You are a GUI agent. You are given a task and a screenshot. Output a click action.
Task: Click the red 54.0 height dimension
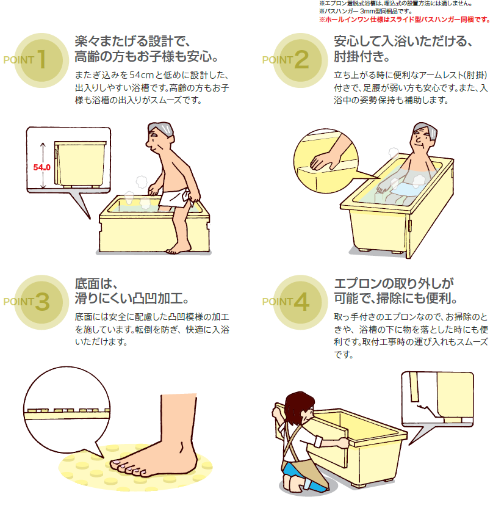(x=41, y=167)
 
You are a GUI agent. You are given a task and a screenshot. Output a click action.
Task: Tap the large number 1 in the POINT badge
(x=41, y=59)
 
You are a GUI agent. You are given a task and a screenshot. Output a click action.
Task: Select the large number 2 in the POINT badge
(x=301, y=59)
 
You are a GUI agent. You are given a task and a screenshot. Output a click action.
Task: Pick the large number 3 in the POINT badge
(x=42, y=302)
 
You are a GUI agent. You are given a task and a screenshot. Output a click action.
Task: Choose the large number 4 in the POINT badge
(x=301, y=302)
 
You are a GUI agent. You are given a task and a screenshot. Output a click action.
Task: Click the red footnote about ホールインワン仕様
(x=405, y=20)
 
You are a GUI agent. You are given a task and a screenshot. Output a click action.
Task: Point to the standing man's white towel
(x=174, y=198)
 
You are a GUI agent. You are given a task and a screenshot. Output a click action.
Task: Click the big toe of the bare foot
(x=115, y=464)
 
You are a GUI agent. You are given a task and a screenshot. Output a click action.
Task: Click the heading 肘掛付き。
(x=362, y=57)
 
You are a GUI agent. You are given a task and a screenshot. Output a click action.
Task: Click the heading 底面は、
(x=96, y=283)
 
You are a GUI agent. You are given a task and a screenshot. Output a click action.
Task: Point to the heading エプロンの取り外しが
(x=394, y=283)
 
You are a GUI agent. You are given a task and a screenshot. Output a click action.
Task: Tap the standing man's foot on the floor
(x=178, y=249)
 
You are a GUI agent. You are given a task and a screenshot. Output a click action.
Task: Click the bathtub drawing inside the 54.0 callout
(x=80, y=164)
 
